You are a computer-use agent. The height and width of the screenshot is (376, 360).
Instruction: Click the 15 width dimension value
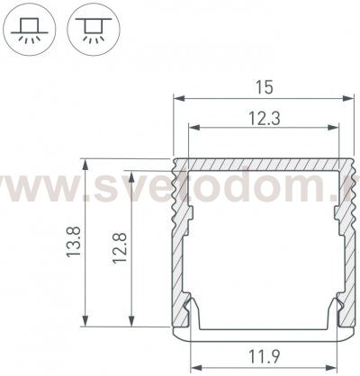click(264, 86)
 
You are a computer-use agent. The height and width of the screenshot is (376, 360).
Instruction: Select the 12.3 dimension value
click(263, 116)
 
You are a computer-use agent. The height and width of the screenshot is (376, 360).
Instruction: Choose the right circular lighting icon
click(91, 29)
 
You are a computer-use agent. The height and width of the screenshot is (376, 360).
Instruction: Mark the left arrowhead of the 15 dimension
click(176, 97)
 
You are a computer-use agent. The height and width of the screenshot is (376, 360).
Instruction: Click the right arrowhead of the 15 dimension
click(351, 97)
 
